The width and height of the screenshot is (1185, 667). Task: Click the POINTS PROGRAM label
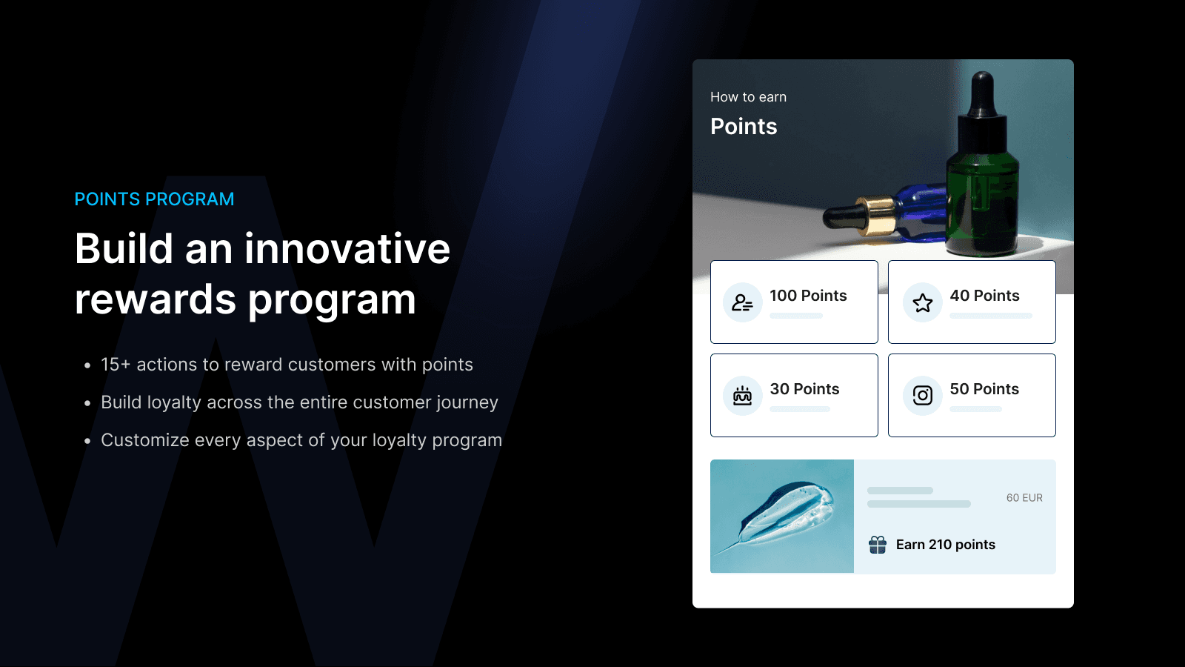coord(154,199)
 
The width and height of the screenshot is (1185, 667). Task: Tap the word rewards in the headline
coord(155,299)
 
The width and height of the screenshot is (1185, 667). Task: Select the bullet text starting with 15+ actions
coord(287,365)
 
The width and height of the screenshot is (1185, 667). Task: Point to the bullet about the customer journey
coord(299,402)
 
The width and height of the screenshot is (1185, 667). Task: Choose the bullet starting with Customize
coord(301,440)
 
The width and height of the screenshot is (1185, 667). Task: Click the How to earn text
coord(748,97)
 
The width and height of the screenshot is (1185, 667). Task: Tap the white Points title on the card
coord(744,127)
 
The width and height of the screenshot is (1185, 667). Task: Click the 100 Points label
coord(808,296)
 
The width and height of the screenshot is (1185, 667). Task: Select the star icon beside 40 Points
coord(922,302)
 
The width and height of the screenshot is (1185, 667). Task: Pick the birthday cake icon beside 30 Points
coord(742,396)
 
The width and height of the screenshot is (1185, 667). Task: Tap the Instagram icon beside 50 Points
coord(922,396)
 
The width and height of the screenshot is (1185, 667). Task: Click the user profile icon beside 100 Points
coord(742,302)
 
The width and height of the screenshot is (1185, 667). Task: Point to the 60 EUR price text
coord(1024,498)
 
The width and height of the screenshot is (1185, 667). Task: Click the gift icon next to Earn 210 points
coord(878,545)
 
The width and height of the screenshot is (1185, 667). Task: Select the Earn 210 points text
coord(945,545)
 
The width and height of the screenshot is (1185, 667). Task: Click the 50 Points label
coord(984,389)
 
